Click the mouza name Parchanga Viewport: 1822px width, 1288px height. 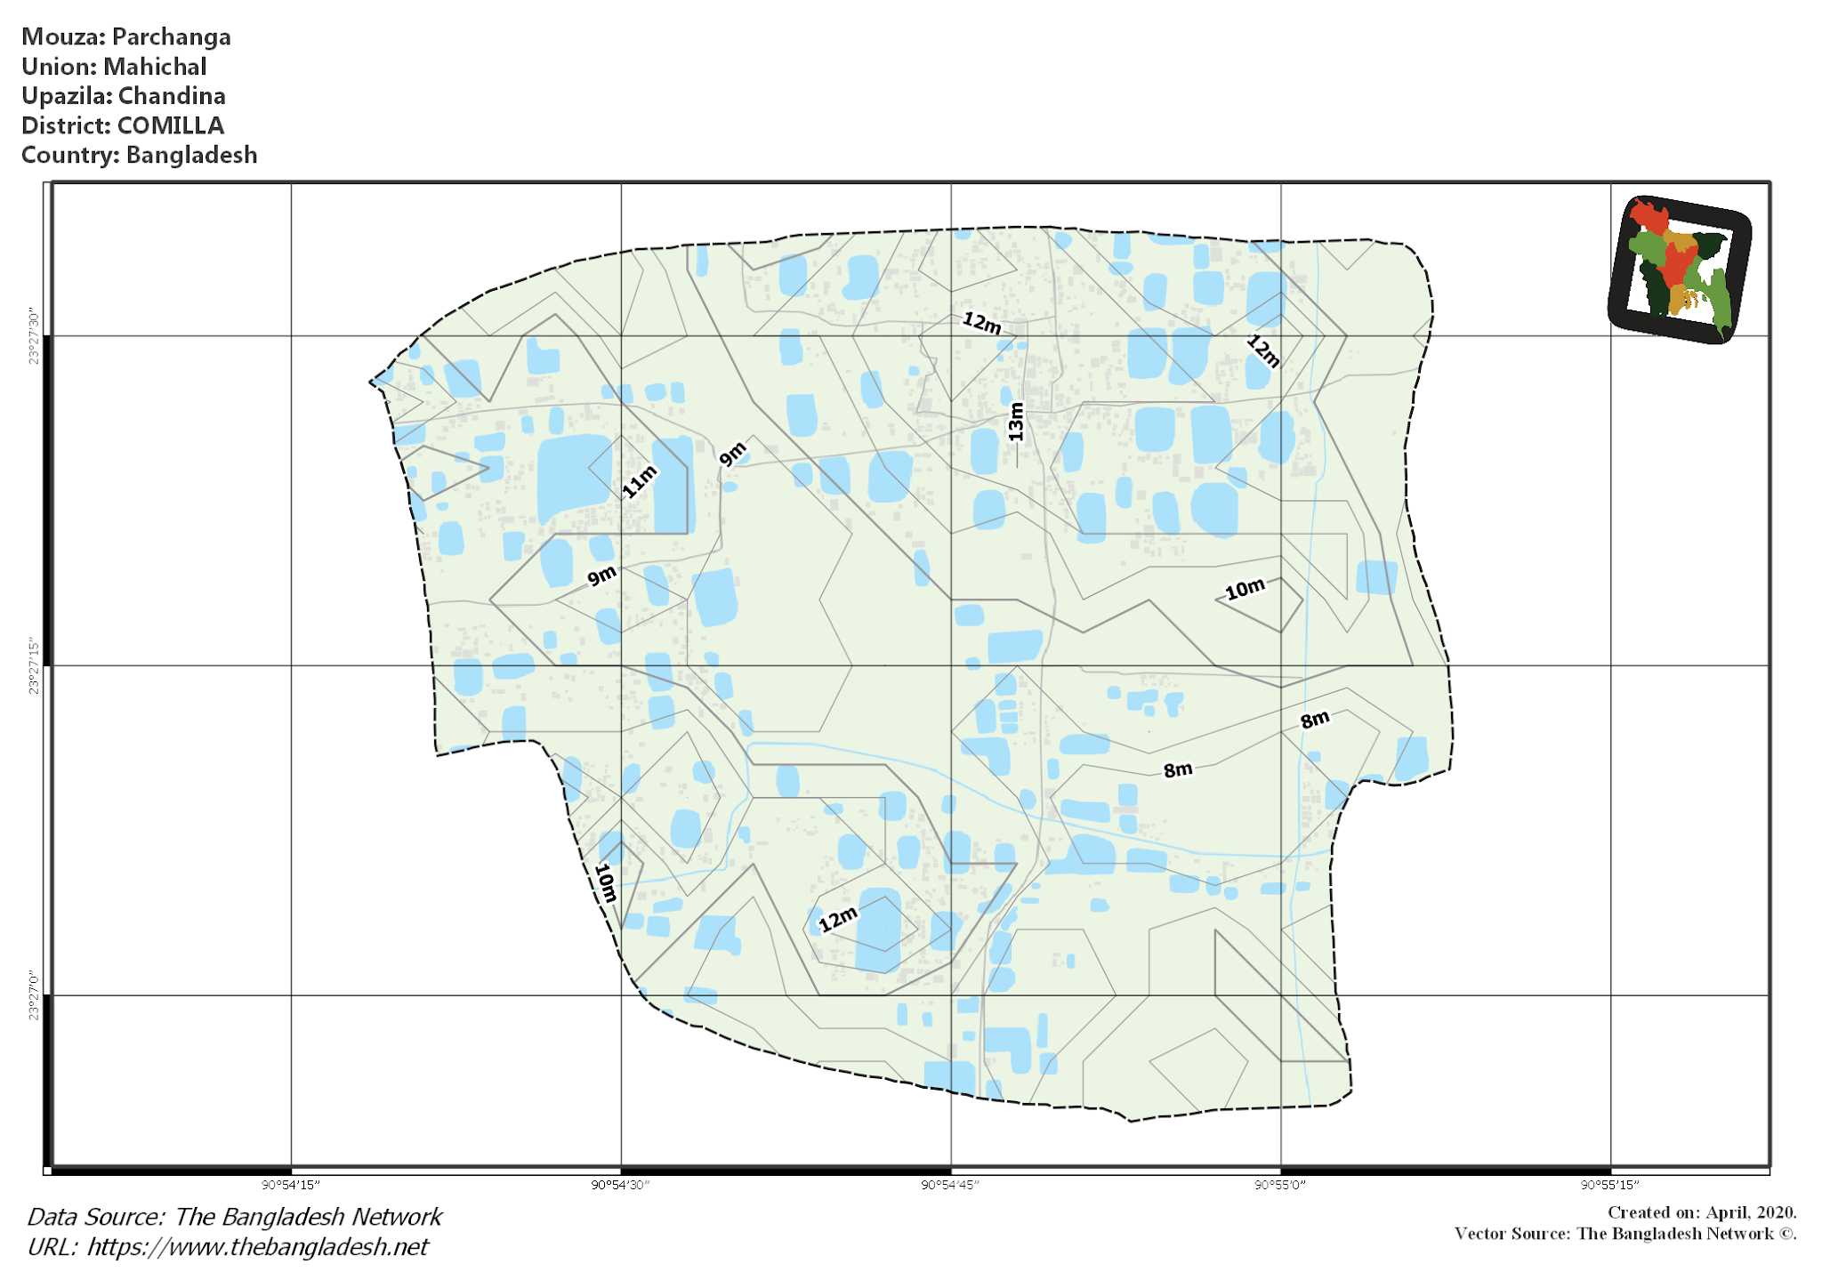tap(171, 37)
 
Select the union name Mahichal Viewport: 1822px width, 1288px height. tap(155, 67)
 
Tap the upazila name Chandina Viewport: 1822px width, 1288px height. tap(172, 96)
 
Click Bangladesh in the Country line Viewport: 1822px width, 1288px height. tap(191, 155)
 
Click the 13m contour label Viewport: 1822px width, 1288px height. tap(1016, 422)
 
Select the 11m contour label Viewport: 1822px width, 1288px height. tap(639, 481)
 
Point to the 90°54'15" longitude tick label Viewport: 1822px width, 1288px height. tap(290, 1185)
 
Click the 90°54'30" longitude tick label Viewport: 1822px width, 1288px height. tap(620, 1185)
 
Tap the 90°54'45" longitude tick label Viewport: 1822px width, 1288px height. tap(950, 1185)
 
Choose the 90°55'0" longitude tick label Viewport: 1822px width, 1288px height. tap(1280, 1185)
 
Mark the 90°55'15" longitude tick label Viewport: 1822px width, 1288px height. tap(1609, 1185)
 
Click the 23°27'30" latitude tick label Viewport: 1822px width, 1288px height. tap(34, 336)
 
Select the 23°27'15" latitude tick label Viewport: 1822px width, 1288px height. tap(34, 665)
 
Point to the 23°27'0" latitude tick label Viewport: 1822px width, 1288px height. tap(34, 995)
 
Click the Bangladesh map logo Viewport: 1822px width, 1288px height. tap(1680, 270)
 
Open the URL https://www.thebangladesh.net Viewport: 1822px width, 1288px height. tap(257, 1247)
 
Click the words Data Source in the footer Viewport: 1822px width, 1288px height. tap(96, 1217)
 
